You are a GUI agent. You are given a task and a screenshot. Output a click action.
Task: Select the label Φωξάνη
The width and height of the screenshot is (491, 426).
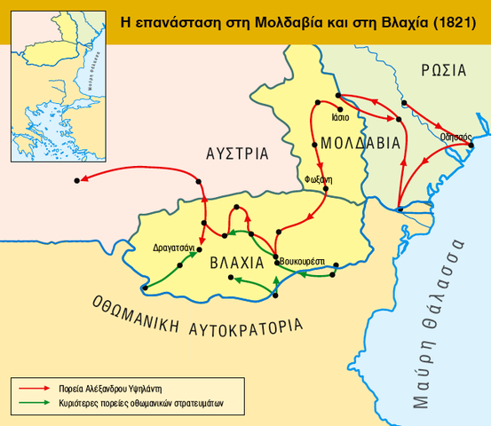coord(319,178)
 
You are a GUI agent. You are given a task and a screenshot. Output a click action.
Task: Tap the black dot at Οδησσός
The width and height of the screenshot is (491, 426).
coord(471,146)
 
